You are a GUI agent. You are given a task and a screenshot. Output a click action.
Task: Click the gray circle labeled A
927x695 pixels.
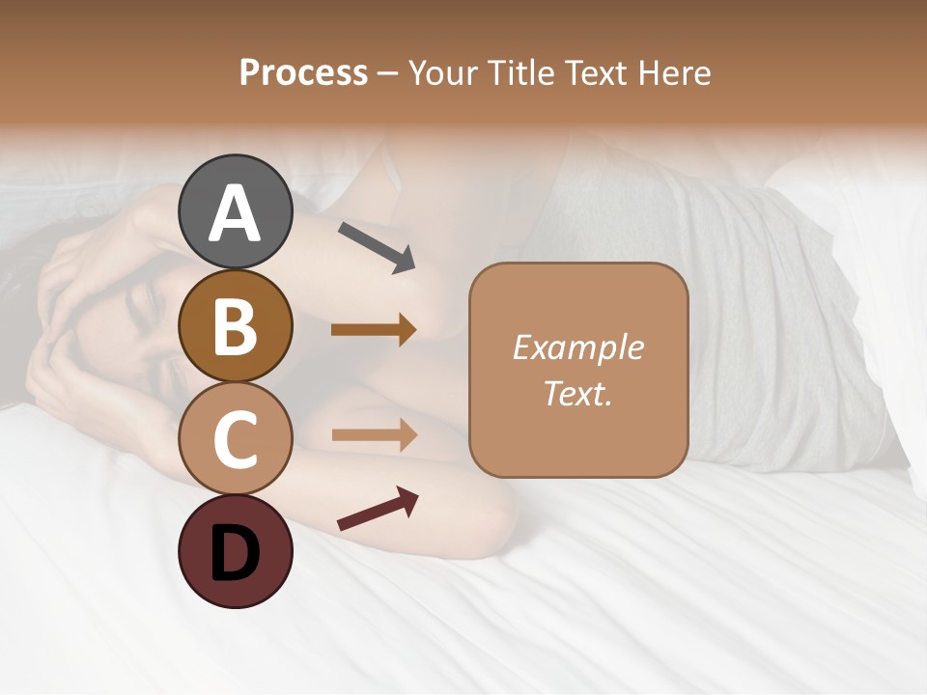coord(235,212)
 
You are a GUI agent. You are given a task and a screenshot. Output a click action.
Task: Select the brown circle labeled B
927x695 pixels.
coord(235,326)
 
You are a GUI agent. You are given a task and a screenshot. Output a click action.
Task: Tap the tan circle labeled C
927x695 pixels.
coord(235,439)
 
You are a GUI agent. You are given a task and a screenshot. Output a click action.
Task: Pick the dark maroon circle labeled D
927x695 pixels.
coord(235,552)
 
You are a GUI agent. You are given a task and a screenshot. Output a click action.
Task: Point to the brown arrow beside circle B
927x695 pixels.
coord(374,330)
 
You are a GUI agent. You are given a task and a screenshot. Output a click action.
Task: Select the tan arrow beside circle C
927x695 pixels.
coord(374,434)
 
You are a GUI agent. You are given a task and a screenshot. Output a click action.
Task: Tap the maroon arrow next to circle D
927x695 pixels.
coord(378,509)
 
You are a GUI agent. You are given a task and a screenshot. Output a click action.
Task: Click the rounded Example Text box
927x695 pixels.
coord(578,370)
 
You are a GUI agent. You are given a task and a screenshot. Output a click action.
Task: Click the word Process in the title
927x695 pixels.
coord(303,72)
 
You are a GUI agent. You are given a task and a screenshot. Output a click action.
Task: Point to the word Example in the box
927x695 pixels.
coord(578,347)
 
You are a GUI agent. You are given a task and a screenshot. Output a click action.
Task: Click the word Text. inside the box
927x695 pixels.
coord(578,393)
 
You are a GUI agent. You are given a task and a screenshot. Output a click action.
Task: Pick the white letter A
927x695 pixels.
coord(235,214)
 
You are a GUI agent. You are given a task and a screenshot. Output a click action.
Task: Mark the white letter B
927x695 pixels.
coord(235,327)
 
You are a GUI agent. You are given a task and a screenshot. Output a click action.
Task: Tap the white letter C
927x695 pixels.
coord(235,440)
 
